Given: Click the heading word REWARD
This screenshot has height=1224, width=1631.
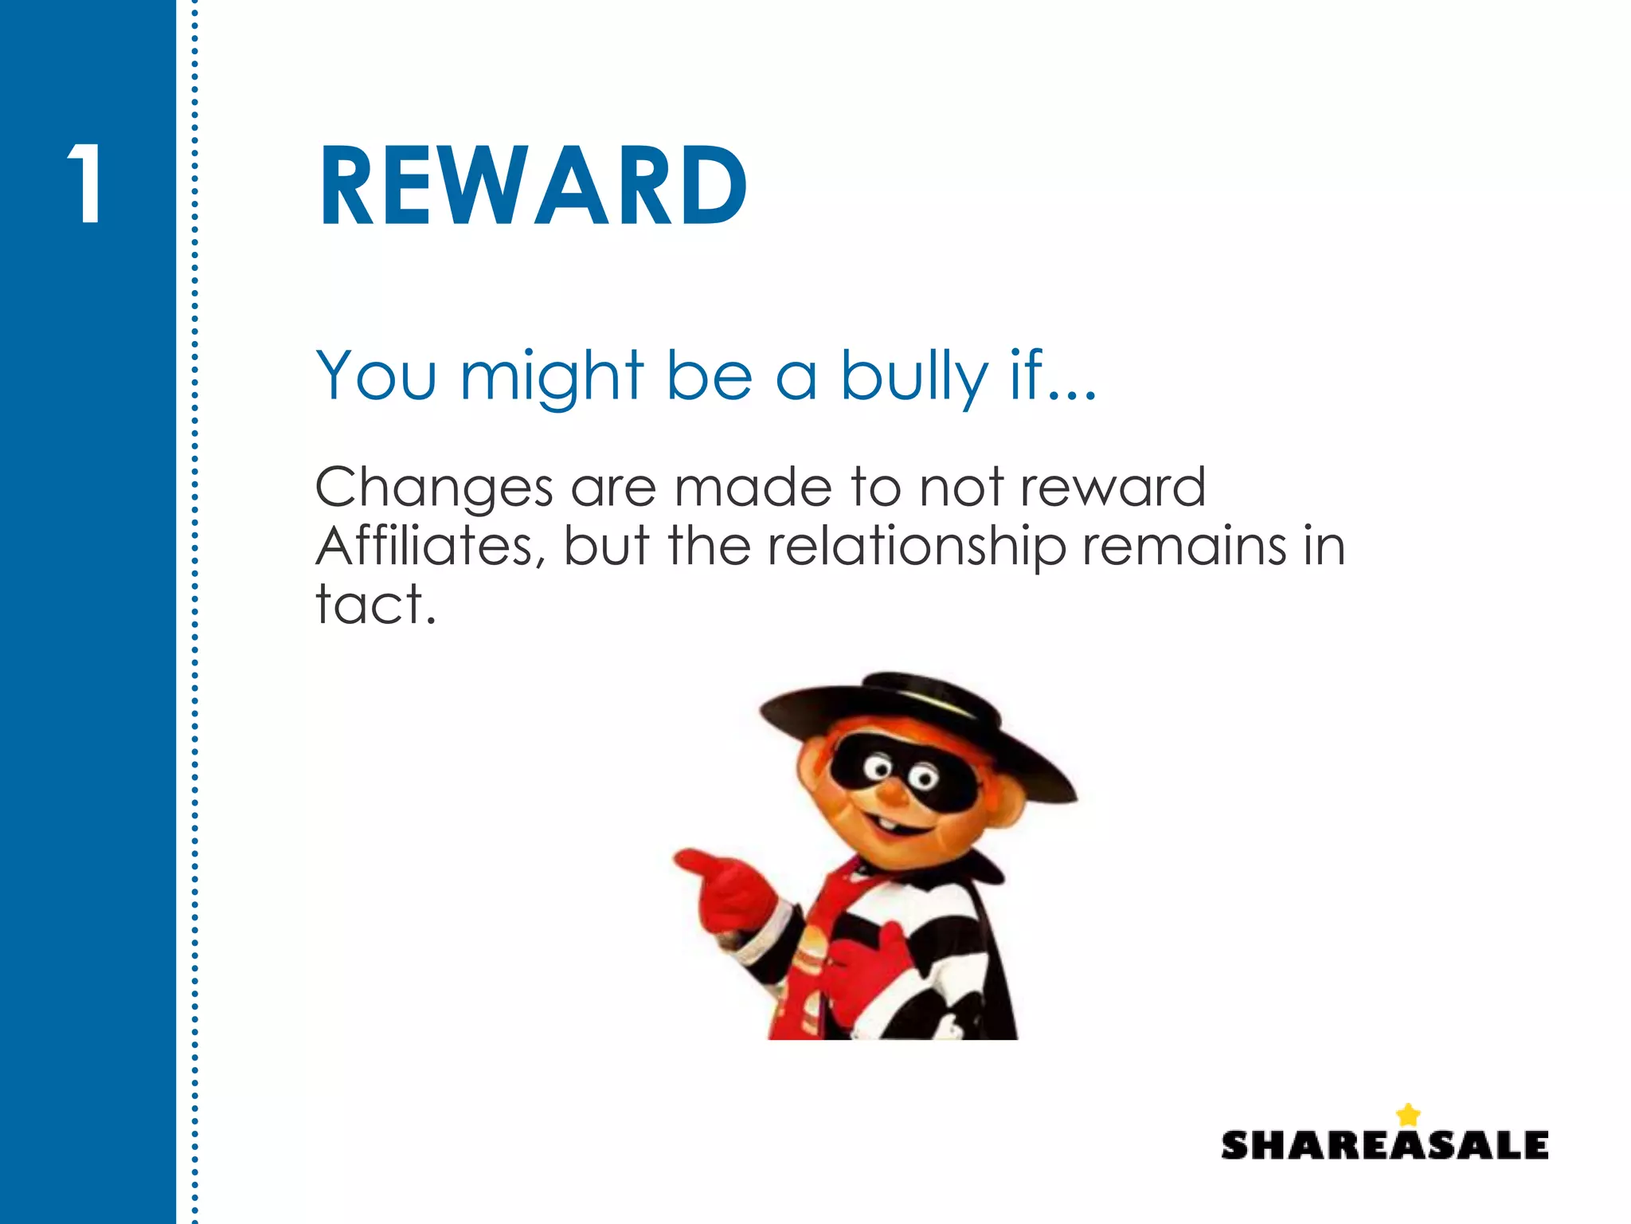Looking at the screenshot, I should point(532,186).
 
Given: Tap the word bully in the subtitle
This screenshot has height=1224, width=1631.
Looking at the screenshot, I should point(913,376).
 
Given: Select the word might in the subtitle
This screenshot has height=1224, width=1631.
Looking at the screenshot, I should point(551,376).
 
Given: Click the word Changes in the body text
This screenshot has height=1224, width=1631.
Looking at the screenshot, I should point(433,488).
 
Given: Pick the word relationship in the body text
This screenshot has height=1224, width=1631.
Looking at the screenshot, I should point(916,547).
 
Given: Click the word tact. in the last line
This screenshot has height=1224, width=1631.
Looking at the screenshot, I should point(376,604).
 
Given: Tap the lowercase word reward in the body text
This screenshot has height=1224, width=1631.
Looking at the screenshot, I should point(1113,487).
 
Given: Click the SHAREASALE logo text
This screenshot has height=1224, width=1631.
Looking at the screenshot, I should point(1384,1145).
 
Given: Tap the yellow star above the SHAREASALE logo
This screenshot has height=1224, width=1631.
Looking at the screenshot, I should point(1408,1114).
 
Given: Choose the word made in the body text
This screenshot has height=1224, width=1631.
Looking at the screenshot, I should point(753,487).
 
